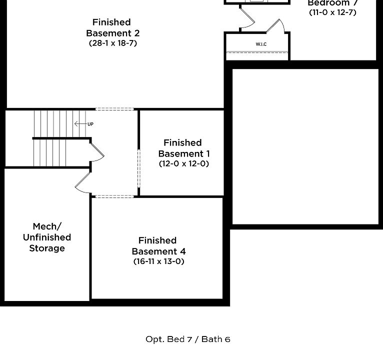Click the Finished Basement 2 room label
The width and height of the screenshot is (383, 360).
click(112, 27)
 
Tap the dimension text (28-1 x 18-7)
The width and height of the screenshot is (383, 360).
click(112, 43)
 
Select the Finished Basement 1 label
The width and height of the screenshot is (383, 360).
click(183, 148)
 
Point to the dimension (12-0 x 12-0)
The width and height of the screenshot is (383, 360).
click(183, 163)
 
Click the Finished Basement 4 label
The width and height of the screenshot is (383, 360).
click(158, 246)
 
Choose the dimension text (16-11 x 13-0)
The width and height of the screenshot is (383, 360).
click(158, 261)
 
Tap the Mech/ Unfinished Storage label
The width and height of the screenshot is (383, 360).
click(47, 237)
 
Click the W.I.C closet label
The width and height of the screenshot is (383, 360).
click(261, 44)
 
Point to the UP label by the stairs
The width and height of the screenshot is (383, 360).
click(90, 124)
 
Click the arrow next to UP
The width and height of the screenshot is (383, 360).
click(79, 123)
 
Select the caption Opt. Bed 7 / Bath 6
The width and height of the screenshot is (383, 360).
click(188, 339)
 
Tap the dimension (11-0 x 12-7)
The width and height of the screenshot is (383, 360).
click(332, 12)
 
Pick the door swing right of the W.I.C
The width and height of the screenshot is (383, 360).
click(276, 25)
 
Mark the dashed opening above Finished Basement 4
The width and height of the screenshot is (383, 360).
click(114, 196)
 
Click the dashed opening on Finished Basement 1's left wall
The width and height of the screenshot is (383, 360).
click(138, 167)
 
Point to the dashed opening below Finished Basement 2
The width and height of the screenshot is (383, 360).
click(114, 108)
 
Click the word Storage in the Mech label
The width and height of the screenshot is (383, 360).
click(47, 248)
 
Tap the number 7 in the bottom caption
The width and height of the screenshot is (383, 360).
click(189, 339)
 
